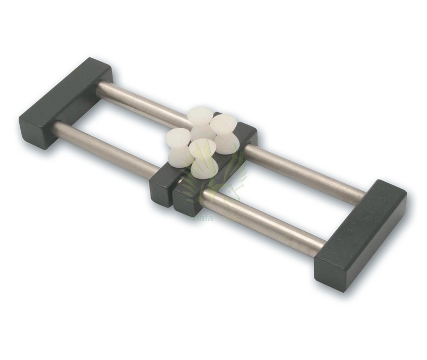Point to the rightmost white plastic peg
point(224,134)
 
